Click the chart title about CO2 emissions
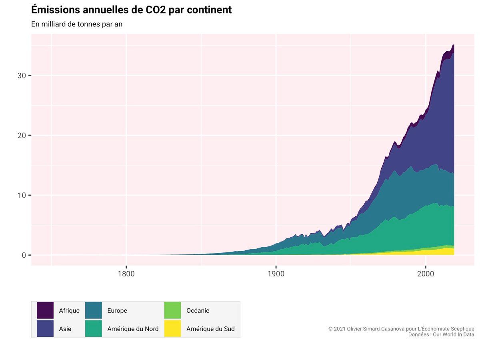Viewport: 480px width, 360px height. point(131,10)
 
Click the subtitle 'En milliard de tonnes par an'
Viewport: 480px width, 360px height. point(77,24)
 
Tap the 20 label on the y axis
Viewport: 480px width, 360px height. point(22,136)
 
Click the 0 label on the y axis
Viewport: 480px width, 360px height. point(24,255)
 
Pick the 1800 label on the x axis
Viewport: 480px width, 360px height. point(126,274)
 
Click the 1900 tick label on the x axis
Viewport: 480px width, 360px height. point(276,274)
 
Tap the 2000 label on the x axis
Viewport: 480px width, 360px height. point(426,274)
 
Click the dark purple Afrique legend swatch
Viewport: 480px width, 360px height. point(45,310)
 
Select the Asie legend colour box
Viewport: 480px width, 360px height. point(45,328)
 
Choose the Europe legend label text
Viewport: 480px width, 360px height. point(117,311)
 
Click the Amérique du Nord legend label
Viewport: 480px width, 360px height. point(133,329)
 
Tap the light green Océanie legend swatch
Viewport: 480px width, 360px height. point(172,310)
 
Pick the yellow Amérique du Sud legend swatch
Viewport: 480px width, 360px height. point(172,328)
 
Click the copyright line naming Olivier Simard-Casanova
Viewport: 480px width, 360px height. point(401,329)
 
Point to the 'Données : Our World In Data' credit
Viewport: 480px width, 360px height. point(441,334)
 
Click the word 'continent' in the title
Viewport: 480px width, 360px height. point(209,10)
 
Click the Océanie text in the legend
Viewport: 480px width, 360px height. point(198,311)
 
